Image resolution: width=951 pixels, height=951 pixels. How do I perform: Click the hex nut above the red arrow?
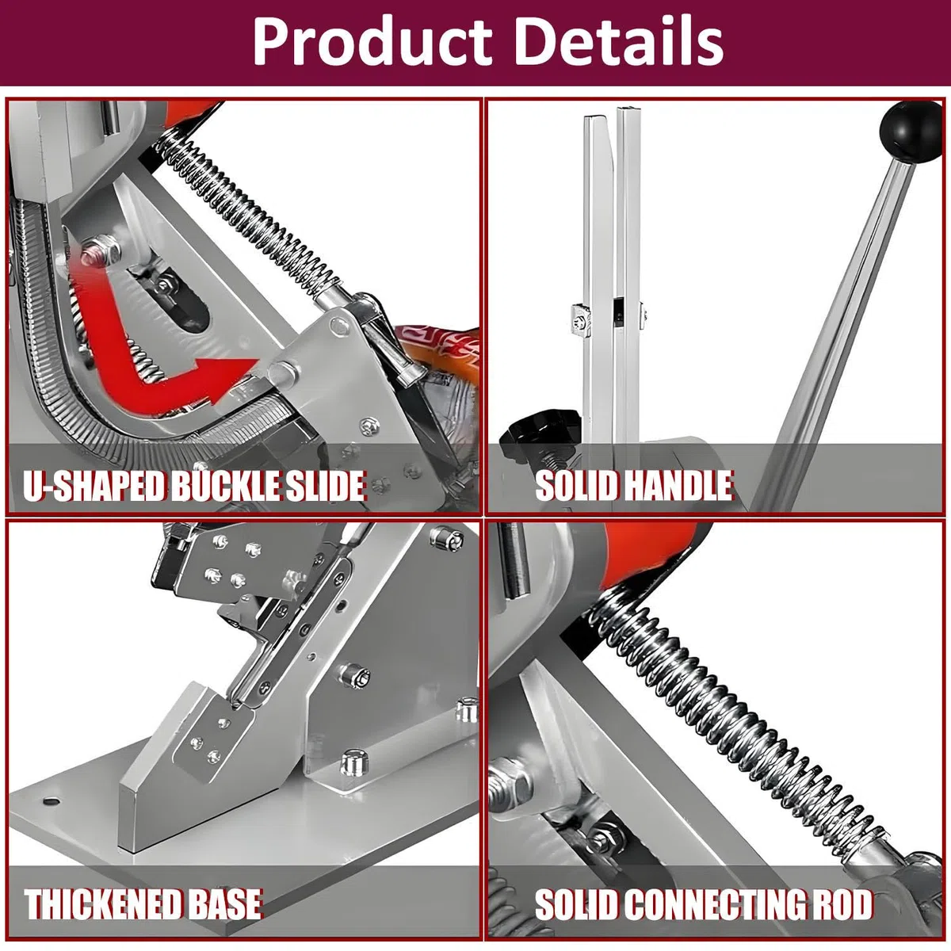pos(101,250)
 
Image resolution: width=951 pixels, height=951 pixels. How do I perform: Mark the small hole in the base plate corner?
pos(51,800)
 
